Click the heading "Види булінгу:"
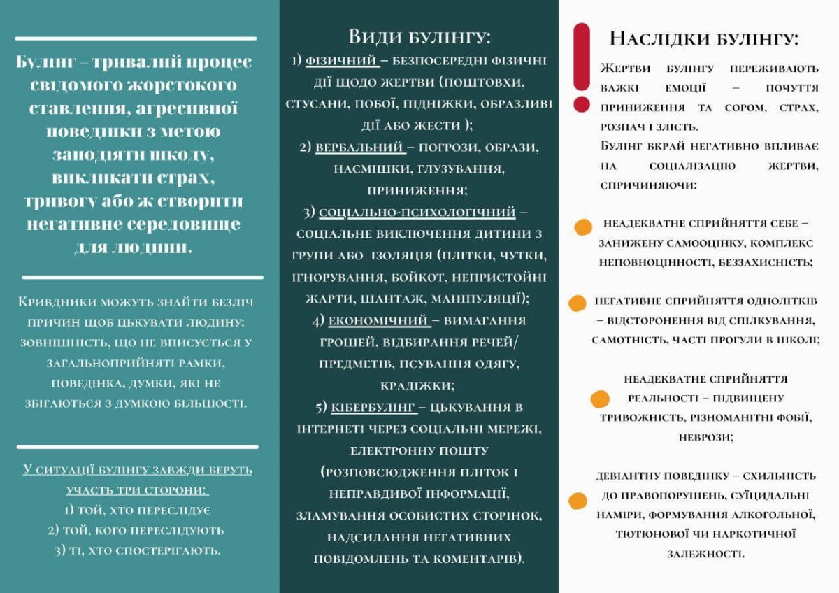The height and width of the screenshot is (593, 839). (419, 36)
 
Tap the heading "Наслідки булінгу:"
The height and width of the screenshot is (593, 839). (704, 38)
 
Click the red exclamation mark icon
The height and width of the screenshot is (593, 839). (581, 67)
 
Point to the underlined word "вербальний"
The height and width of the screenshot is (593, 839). (359, 148)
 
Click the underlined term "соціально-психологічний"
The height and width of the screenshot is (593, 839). (417, 211)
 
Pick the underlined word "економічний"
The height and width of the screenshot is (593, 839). (378, 320)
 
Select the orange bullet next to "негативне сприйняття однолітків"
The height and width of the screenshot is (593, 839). (577, 303)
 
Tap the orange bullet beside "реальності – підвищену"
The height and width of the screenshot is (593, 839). (600, 399)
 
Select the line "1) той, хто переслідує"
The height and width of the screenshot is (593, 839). (138, 510)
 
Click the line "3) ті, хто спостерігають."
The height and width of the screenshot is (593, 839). (138, 550)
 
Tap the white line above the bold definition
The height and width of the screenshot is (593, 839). (136, 38)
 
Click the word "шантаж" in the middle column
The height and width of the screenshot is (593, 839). (392, 299)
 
